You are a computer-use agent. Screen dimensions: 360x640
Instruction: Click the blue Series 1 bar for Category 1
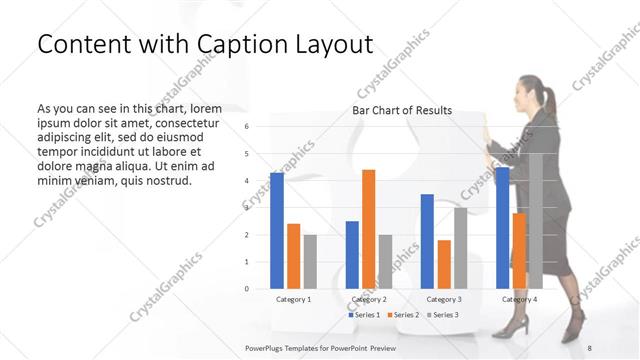pos(277,231)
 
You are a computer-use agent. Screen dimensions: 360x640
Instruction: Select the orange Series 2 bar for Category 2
pos(368,229)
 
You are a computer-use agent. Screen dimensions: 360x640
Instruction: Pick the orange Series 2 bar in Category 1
pos(293,256)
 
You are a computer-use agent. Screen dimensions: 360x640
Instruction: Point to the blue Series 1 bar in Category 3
pos(427,241)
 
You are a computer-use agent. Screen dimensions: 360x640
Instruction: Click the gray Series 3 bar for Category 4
pos(536,221)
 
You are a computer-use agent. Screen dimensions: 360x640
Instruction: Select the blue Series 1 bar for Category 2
pos(352,255)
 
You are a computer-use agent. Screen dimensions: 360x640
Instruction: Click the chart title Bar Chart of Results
pos(401,111)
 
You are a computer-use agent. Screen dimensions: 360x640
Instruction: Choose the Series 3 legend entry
pos(443,315)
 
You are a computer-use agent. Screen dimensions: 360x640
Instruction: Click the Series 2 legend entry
pos(403,315)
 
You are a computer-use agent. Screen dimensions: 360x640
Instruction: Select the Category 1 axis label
pos(293,299)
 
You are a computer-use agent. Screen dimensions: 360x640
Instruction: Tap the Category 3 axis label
pos(444,299)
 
